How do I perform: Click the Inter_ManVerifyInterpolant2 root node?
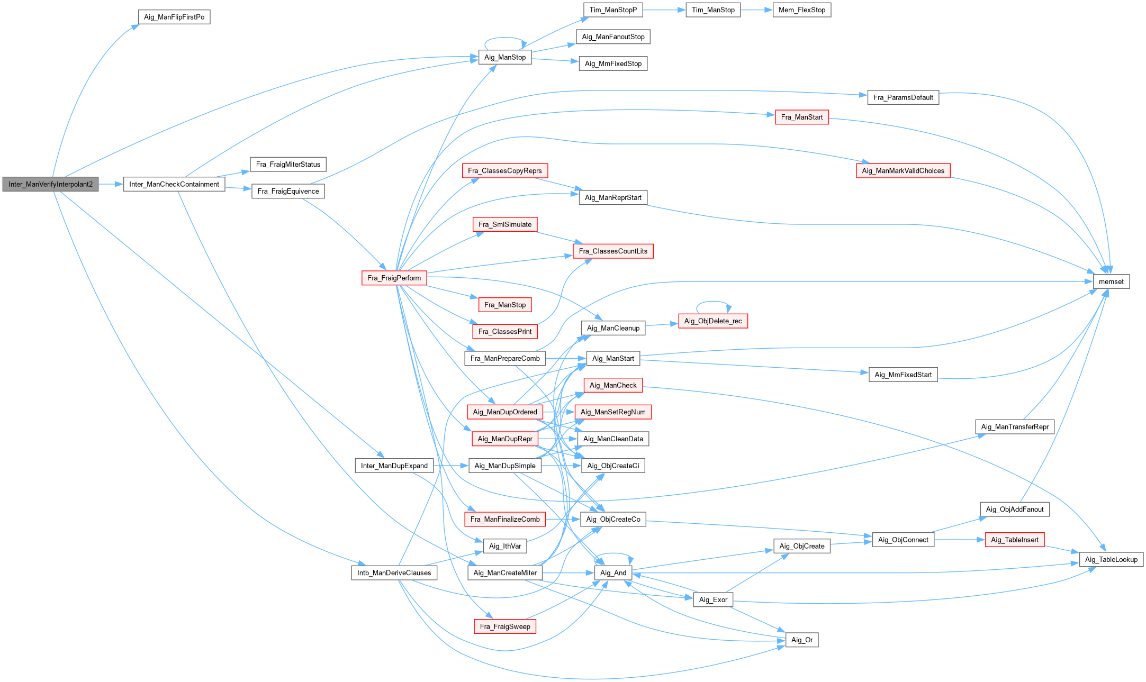click(50, 184)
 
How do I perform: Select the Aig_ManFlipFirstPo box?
click(174, 17)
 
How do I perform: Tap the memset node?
click(1111, 281)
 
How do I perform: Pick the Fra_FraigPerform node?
click(394, 278)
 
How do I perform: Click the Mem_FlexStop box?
click(801, 10)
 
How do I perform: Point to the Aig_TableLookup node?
click(1111, 559)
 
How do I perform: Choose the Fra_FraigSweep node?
click(505, 626)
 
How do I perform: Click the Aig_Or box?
click(802, 640)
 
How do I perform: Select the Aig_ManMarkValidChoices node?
click(903, 170)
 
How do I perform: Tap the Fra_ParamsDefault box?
click(903, 97)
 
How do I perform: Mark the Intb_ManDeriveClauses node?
click(394, 572)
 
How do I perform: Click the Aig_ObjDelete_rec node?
click(713, 321)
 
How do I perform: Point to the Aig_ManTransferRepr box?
click(1015, 426)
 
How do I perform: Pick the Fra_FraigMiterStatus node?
click(288, 164)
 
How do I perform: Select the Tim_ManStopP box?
click(613, 10)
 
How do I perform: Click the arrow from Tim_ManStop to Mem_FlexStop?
click(756, 10)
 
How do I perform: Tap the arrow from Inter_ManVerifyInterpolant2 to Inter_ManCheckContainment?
click(111, 184)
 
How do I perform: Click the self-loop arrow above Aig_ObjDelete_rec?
click(713, 302)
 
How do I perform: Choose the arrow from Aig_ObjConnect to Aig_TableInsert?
click(959, 540)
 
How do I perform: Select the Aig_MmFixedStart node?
click(903, 375)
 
